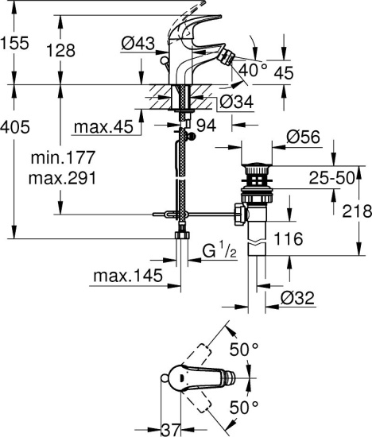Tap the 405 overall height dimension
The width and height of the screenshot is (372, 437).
coord(16,126)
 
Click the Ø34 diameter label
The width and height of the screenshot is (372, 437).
coord(236,102)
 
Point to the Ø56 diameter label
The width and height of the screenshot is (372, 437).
coord(303,138)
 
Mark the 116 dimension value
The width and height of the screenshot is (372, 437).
coord(295,238)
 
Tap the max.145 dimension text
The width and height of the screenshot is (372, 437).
coord(126,276)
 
